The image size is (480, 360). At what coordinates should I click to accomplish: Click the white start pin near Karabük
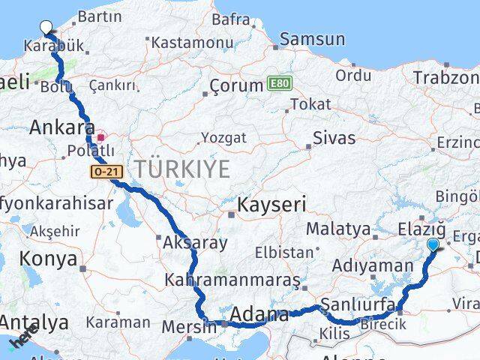[46, 28]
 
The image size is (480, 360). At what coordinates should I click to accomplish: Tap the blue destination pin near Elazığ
[433, 244]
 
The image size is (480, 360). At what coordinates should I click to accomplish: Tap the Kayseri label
[271, 203]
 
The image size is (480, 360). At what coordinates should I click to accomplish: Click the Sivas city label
[334, 137]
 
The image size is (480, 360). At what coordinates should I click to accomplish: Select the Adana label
[259, 315]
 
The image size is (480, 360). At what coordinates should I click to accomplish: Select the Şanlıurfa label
[357, 304]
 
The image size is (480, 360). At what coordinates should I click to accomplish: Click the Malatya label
[343, 229]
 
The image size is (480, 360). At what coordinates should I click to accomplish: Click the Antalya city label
[34, 322]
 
